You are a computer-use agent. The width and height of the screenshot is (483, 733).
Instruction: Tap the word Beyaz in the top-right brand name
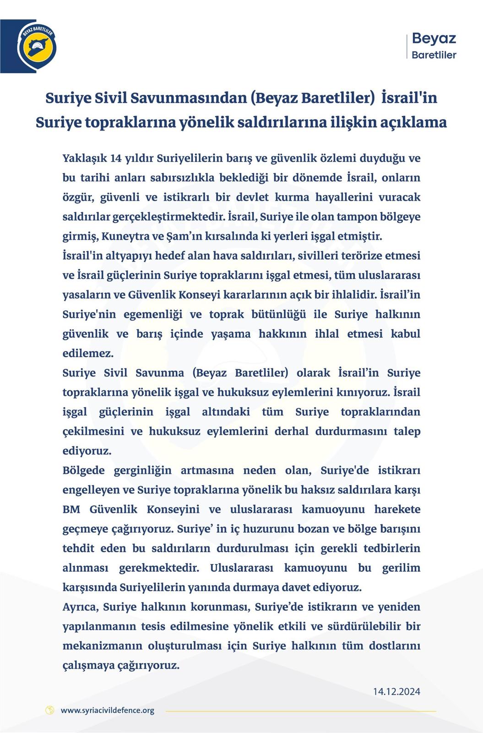[x=434, y=38]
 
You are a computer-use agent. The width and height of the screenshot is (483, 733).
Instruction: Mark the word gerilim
[x=401, y=568]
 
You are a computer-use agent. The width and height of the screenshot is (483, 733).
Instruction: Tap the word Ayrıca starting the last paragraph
[x=80, y=607]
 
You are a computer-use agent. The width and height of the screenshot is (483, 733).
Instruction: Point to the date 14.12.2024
[x=396, y=691]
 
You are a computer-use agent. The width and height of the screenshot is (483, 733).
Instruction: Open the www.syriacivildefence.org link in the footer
[x=107, y=711]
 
